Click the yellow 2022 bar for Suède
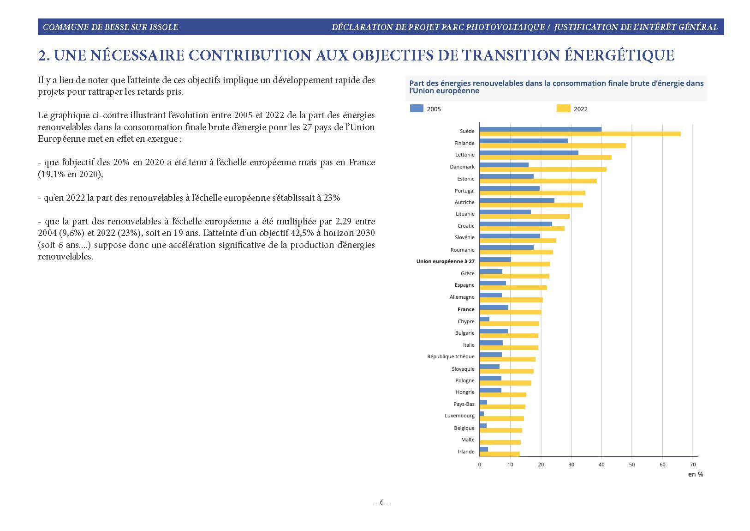click(580, 134)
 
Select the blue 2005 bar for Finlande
click(524, 141)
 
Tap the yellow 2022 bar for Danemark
click(543, 169)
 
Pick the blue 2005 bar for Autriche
click(517, 200)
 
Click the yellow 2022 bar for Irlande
click(500, 454)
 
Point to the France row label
click(466, 309)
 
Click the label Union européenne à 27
click(445, 261)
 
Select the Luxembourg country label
click(459, 416)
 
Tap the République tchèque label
click(451, 356)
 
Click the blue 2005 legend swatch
click(417, 109)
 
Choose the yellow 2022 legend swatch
click(564, 109)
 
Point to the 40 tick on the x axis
click(601, 465)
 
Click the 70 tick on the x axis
click(693, 465)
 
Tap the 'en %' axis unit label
click(696, 474)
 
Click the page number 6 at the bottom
click(381, 502)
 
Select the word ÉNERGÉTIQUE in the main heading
click(619, 55)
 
